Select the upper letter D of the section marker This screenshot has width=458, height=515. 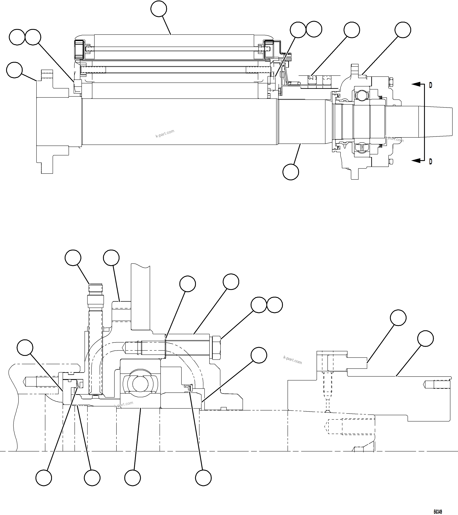[x=430, y=85]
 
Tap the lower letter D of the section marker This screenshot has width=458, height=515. [x=430, y=161]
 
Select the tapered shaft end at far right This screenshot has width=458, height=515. [x=438, y=122]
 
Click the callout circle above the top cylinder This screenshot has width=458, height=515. [x=159, y=9]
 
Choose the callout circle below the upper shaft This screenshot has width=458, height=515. [x=291, y=172]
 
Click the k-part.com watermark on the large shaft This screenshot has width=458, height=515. [x=165, y=134]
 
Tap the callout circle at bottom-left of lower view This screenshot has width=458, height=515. [x=44, y=477]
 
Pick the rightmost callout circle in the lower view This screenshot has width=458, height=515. [x=425, y=338]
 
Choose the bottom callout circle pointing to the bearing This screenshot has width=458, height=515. [x=132, y=477]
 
